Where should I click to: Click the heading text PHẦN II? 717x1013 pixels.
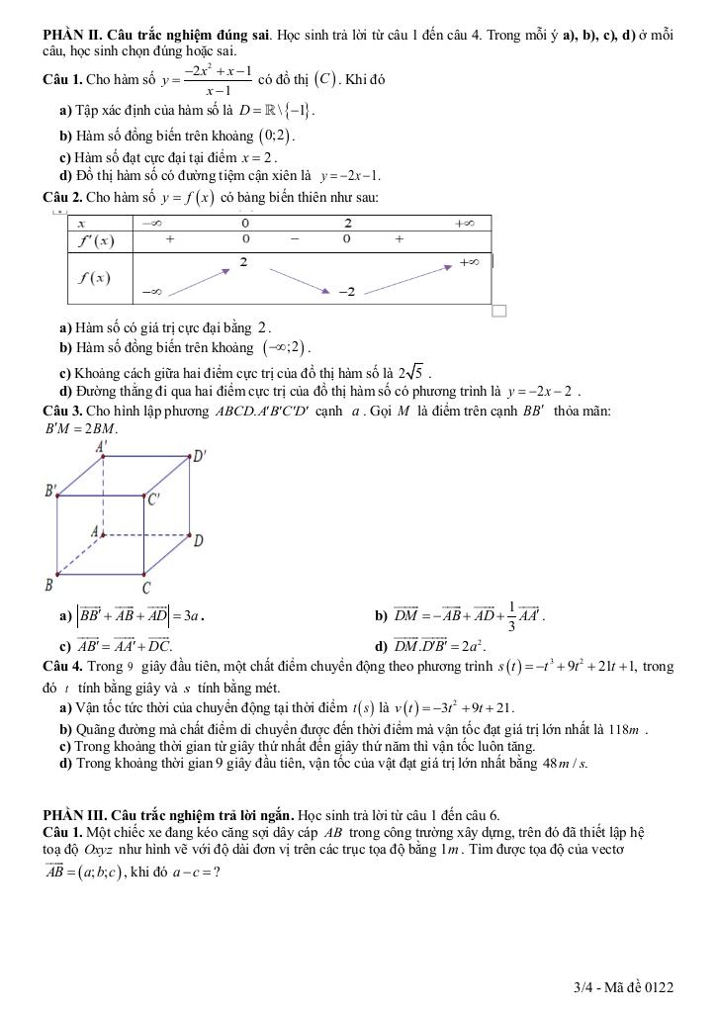click(x=71, y=36)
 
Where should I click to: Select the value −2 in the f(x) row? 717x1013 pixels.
click(x=346, y=291)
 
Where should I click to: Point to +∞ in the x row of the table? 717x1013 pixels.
click(x=464, y=224)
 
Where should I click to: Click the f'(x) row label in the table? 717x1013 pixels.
click(x=96, y=240)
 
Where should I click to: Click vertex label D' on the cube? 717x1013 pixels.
click(x=200, y=456)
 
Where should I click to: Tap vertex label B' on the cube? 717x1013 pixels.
click(x=51, y=490)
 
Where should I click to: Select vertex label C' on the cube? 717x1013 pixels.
click(x=154, y=500)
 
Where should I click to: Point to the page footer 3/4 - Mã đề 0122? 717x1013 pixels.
click(x=623, y=987)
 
